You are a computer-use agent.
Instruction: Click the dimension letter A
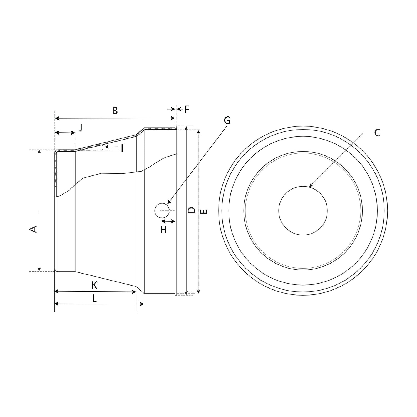pos(33,229)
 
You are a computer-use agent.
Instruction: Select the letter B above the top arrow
pos(115,111)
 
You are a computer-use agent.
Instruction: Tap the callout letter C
pos(377,133)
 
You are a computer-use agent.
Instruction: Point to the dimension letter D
pos(192,210)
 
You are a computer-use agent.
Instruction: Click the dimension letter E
pos(204,211)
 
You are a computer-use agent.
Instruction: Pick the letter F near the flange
pos(187,109)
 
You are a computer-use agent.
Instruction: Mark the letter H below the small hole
pos(163,230)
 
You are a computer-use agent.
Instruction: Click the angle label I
pos(122,148)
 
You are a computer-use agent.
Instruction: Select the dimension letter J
pos(80,128)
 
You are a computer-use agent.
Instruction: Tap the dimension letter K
pos(95,285)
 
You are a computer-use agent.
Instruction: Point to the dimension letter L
pos(95,299)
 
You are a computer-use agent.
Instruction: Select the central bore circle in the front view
pos(303,210)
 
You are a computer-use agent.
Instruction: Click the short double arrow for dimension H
pos(168,221)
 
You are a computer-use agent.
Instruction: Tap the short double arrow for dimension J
pos(65,133)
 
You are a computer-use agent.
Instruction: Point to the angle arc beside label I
pos(103,147)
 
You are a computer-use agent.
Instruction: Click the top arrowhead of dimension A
pos(39,150)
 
